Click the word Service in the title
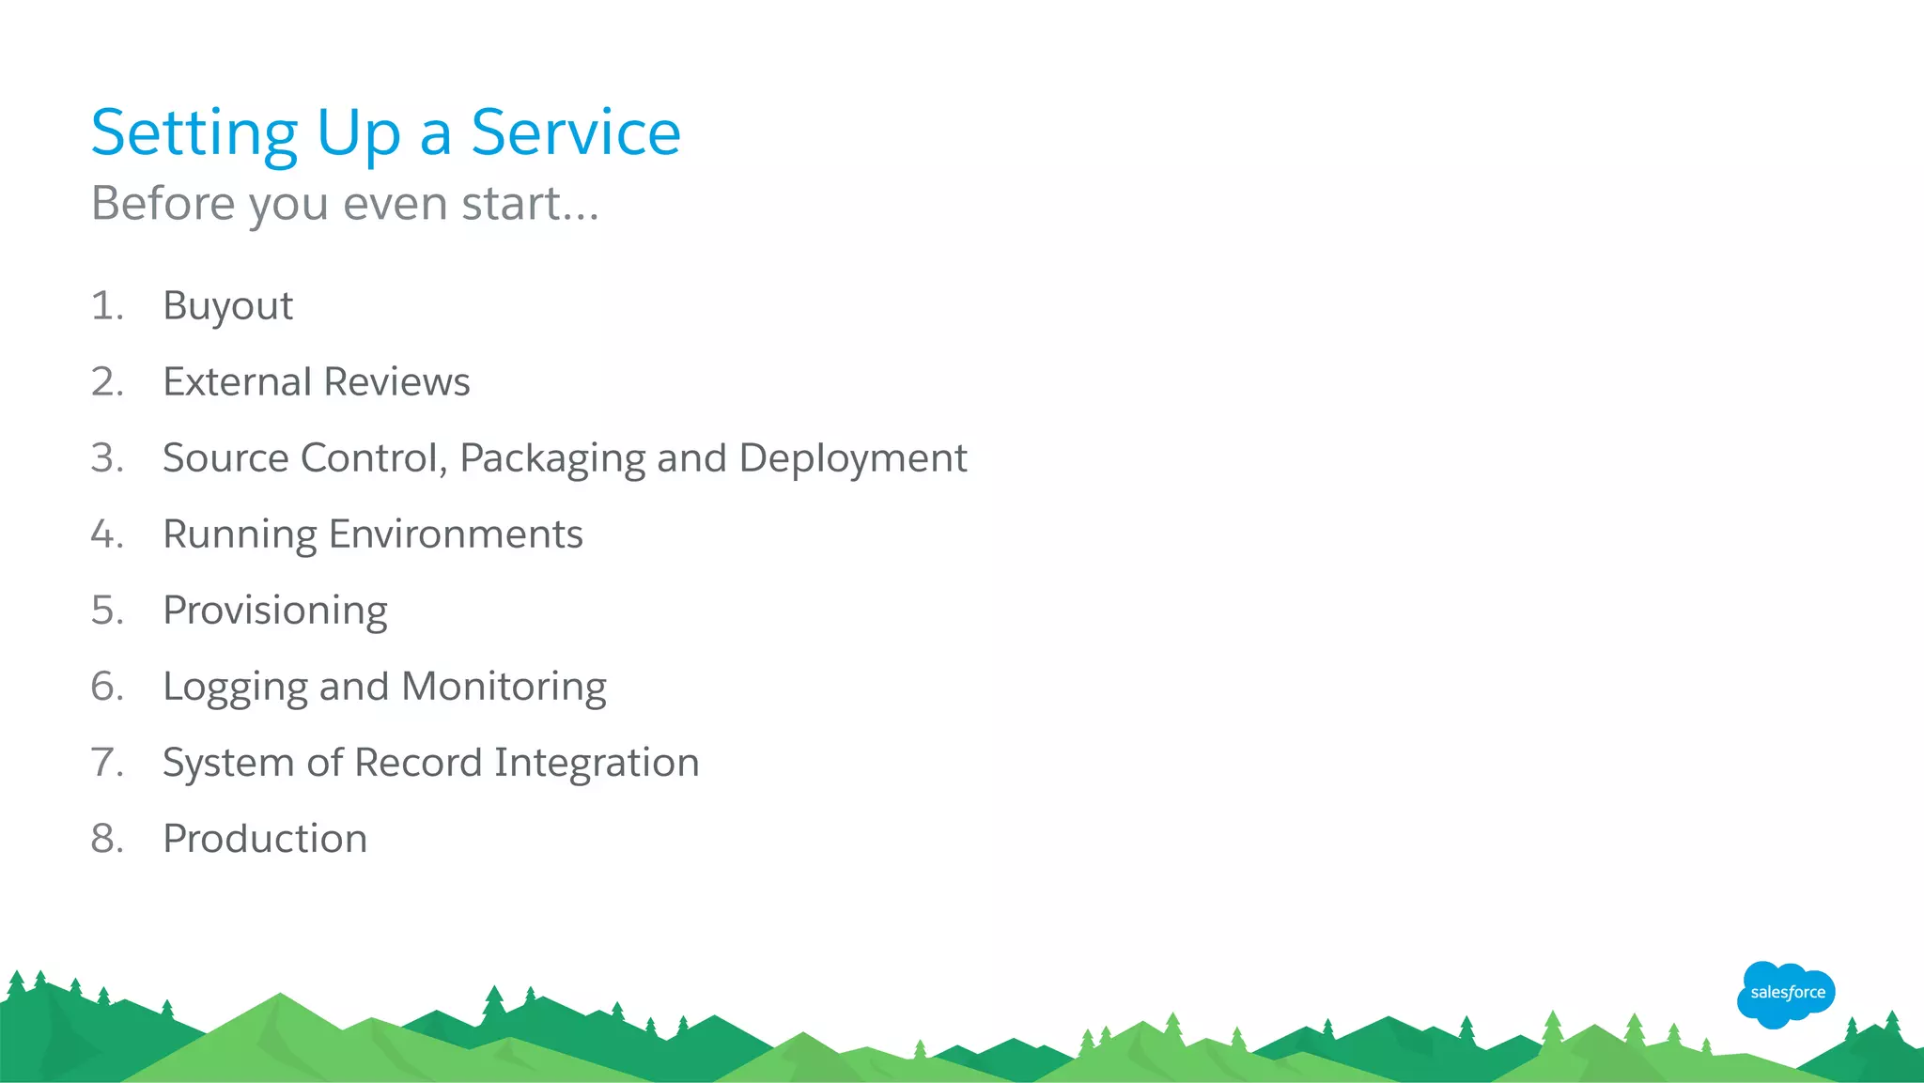575,132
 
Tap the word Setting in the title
194,132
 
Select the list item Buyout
227,306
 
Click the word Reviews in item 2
396,382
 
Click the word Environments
456,534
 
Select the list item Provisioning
274,611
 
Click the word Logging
235,688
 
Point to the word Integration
597,763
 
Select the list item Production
265,839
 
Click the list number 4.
106,534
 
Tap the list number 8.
106,839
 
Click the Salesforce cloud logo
1785,994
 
